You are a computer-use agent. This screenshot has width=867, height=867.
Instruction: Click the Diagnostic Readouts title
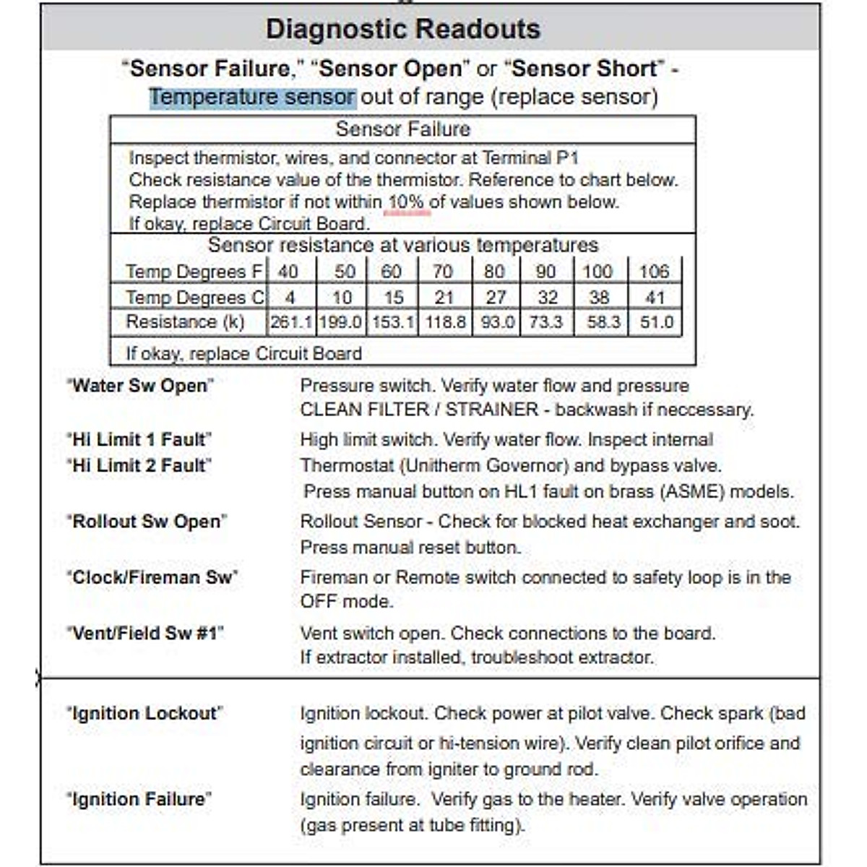click(402, 30)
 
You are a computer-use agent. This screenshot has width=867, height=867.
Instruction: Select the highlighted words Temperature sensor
click(252, 97)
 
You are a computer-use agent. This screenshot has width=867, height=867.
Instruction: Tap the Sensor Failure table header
click(402, 129)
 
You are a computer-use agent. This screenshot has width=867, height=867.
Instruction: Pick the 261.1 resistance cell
click(290, 322)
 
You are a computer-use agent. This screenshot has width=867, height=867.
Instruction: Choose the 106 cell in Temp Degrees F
click(654, 272)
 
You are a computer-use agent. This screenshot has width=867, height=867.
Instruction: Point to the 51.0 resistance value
click(656, 322)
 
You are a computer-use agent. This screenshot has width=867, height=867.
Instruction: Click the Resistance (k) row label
click(185, 322)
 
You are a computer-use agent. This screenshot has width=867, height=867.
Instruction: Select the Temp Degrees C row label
click(194, 298)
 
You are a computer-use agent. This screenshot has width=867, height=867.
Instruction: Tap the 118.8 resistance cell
click(445, 322)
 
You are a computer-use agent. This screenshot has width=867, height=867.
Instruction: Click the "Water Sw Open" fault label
click(140, 386)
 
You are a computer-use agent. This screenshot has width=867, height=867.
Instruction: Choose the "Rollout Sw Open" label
click(147, 522)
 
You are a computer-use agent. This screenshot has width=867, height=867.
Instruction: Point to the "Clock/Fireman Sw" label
click(152, 577)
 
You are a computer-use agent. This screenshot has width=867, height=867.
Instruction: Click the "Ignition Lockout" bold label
click(144, 713)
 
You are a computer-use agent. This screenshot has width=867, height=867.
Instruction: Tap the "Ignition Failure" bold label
click(139, 799)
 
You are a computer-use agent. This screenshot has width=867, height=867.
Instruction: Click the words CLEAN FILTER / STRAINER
click(419, 410)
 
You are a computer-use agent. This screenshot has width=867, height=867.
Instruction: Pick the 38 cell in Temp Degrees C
click(599, 298)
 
